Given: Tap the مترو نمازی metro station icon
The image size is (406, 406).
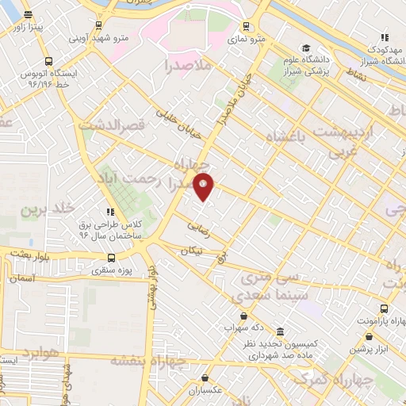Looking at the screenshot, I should point(247,25).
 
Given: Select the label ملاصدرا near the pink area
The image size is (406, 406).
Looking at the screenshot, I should point(187,66).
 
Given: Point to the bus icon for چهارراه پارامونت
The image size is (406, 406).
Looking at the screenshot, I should point(384,308).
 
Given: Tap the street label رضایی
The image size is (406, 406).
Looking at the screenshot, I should point(199,227).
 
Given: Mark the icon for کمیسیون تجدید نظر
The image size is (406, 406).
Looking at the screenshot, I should point(280,331).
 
